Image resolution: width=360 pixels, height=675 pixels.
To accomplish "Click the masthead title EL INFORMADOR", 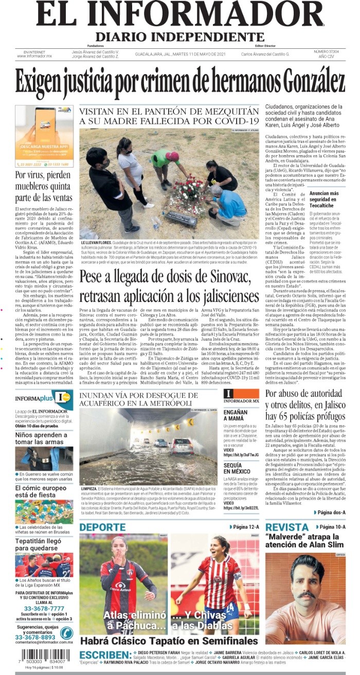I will pos(180,15).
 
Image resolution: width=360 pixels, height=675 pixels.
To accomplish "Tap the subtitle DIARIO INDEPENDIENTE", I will pos(179,38).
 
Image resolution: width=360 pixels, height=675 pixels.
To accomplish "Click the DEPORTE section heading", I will pos(103,527).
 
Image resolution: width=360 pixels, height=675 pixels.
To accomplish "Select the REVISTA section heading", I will pos(287,527).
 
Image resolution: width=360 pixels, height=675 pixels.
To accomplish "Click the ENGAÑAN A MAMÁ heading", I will pos(236,415).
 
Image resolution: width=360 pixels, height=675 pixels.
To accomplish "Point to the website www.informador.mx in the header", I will pos(34,56).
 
